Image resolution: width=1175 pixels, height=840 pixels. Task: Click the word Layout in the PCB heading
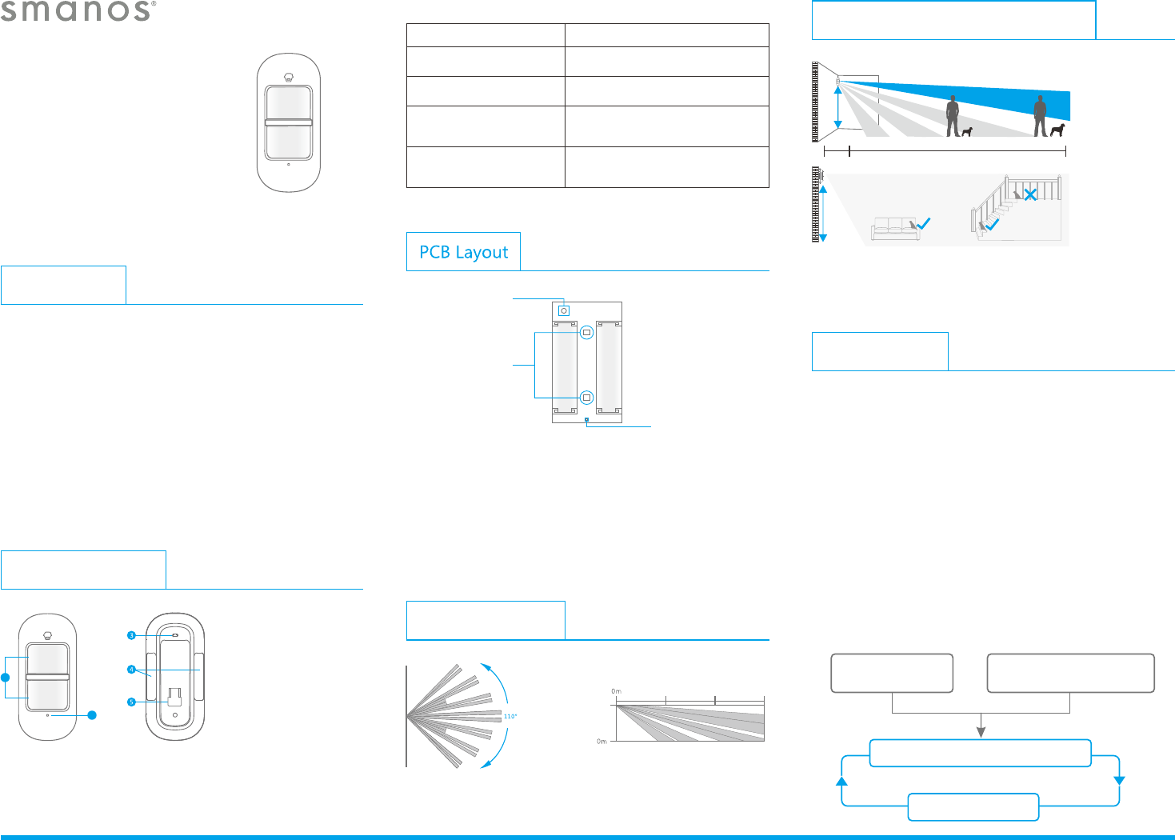click(x=482, y=252)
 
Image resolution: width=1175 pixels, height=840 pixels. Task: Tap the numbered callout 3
click(x=131, y=635)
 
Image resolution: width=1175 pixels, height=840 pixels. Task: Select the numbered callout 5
click(x=131, y=702)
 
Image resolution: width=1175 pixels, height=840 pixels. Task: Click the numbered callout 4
click(x=131, y=670)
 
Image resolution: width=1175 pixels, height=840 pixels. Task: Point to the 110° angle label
click(x=510, y=716)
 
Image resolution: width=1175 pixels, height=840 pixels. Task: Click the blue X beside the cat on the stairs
click(x=1031, y=194)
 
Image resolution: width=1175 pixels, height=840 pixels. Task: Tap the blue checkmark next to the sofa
click(x=924, y=225)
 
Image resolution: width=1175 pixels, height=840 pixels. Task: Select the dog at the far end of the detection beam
click(x=1057, y=130)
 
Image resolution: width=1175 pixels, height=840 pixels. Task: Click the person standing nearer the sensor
click(x=952, y=116)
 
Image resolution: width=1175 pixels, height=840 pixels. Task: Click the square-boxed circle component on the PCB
click(x=564, y=310)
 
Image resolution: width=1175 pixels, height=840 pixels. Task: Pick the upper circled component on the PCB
click(x=586, y=332)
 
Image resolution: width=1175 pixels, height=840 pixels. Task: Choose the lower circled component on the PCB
click(x=586, y=398)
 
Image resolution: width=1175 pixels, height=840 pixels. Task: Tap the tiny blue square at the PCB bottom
click(x=586, y=419)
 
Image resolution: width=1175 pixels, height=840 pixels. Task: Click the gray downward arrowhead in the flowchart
click(x=981, y=732)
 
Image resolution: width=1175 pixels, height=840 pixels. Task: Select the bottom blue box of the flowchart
click(x=973, y=806)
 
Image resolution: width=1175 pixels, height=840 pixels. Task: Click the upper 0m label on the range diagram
click(x=616, y=691)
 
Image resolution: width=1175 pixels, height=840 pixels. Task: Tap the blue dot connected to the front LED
click(x=92, y=715)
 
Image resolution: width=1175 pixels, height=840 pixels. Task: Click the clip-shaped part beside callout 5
click(x=175, y=696)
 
